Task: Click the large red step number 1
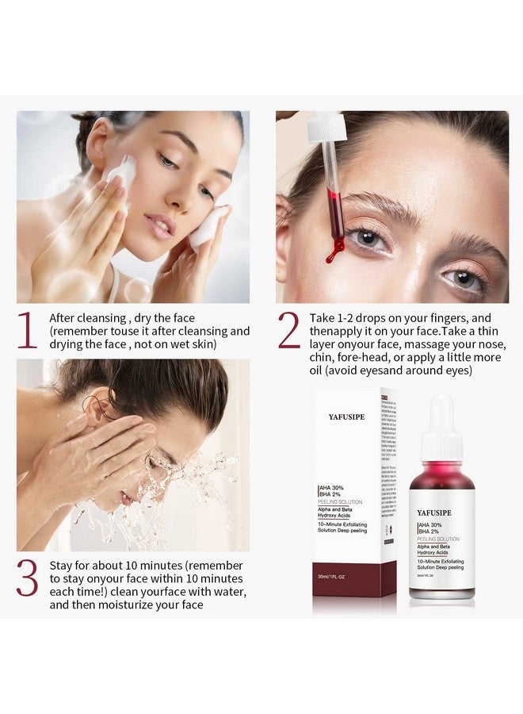(x=28, y=331)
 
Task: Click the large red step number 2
(x=289, y=331)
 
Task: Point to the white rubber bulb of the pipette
(x=327, y=127)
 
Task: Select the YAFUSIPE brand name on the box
(x=346, y=417)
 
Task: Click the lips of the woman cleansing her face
(x=159, y=226)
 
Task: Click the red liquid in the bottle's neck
(x=441, y=476)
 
